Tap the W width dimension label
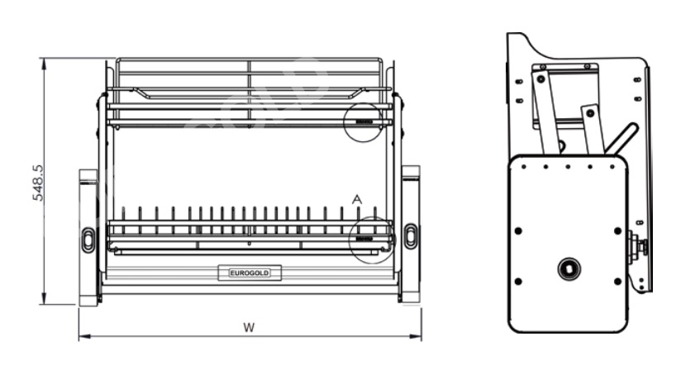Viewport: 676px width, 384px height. click(248, 327)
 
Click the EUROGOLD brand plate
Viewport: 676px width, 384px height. click(249, 273)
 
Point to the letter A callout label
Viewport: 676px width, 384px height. click(357, 200)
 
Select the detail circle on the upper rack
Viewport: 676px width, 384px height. click(364, 121)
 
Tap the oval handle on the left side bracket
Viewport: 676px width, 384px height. click(88, 239)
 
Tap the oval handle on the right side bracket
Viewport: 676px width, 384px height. click(411, 236)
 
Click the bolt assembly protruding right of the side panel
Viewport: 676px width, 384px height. click(638, 246)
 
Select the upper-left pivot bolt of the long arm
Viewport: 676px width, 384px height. click(540, 78)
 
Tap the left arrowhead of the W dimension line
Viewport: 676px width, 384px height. click(82, 336)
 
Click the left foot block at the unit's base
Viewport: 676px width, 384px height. click(88, 296)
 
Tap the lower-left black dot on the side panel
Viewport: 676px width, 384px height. click(518, 282)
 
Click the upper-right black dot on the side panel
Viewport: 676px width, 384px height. click(616, 231)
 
